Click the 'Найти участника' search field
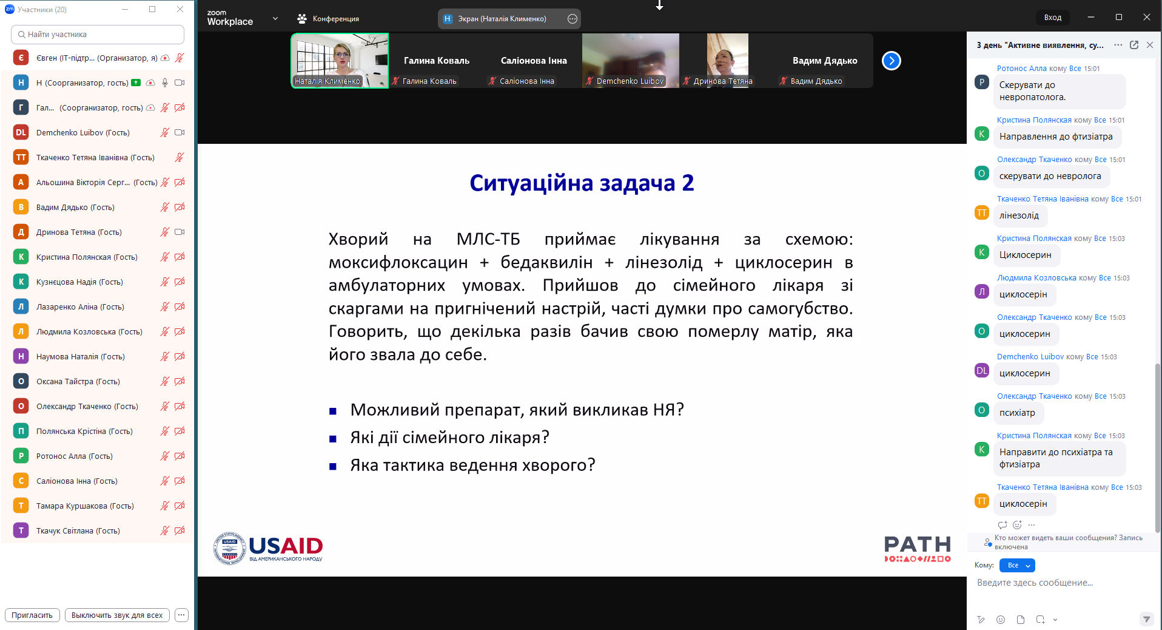pos(98,35)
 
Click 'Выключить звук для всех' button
pos(117,615)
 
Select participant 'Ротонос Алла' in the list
pos(75,456)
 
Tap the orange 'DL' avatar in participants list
pos(21,132)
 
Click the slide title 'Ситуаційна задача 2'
pos(582,183)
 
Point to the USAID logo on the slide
pos(268,549)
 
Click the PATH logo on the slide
pos(918,549)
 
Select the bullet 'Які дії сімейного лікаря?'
pos(449,437)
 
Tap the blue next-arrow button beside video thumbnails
pos(892,61)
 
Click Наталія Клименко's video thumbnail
pos(340,61)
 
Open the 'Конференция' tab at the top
pos(328,19)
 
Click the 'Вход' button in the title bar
pos(1053,18)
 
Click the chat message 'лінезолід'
pos(1019,215)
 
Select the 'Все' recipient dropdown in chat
pos(1017,565)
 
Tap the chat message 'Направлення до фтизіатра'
pos(1056,137)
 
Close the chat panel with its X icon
pos(1150,45)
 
